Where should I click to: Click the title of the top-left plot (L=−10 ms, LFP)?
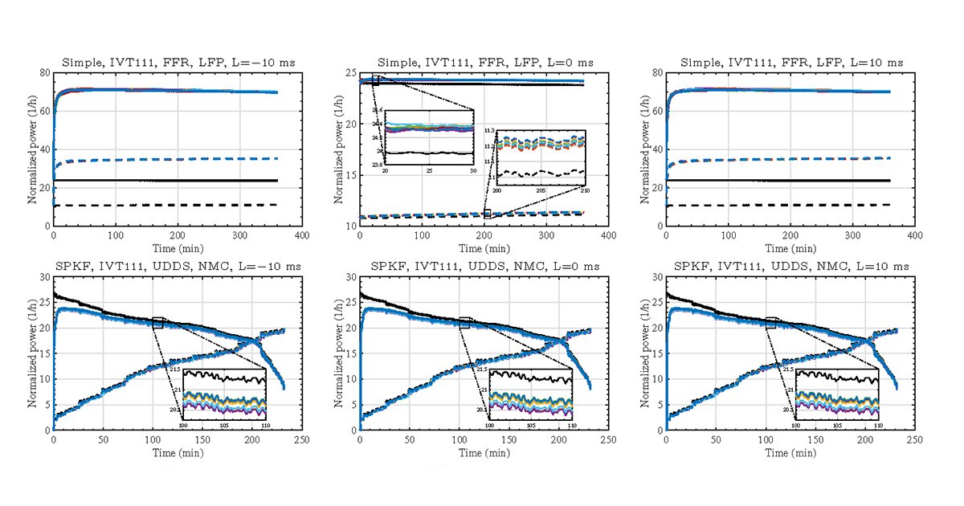coord(178,63)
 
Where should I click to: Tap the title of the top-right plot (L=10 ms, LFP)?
coord(791,63)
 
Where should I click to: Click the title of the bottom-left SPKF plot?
coord(178,267)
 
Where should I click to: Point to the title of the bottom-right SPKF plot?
coord(791,267)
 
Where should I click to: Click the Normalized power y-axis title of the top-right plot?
coord(645,149)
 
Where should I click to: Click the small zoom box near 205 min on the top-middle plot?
coord(488,214)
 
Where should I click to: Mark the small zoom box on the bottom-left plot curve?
coord(157,323)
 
